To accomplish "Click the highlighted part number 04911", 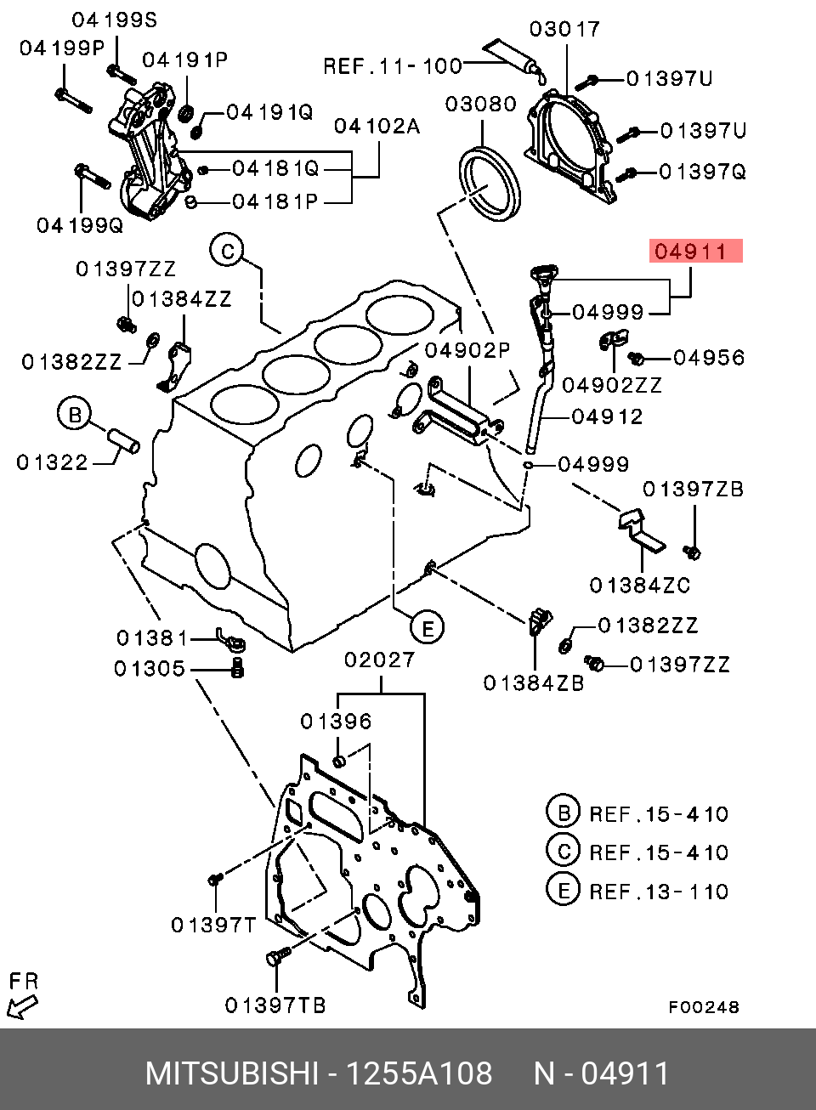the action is (x=695, y=251).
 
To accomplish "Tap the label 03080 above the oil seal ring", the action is (x=481, y=104).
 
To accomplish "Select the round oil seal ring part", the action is (x=490, y=184).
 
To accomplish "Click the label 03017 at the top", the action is (x=564, y=29).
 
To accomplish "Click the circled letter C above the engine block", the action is (x=226, y=252).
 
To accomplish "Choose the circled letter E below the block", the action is (x=427, y=627).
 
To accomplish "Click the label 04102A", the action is (x=377, y=127).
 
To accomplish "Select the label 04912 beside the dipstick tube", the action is (x=607, y=416).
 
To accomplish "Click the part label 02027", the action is (x=379, y=660).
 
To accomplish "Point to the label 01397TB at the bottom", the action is (x=275, y=1005).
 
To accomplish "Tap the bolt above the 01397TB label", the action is (x=279, y=956).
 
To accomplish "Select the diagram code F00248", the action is (x=704, y=1007).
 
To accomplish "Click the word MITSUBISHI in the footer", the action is (x=232, y=1073).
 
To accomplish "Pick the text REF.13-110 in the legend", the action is (x=659, y=892).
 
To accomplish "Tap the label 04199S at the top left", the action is (x=115, y=20).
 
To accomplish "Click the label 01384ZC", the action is (x=639, y=586).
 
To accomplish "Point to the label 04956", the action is (x=709, y=357).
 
